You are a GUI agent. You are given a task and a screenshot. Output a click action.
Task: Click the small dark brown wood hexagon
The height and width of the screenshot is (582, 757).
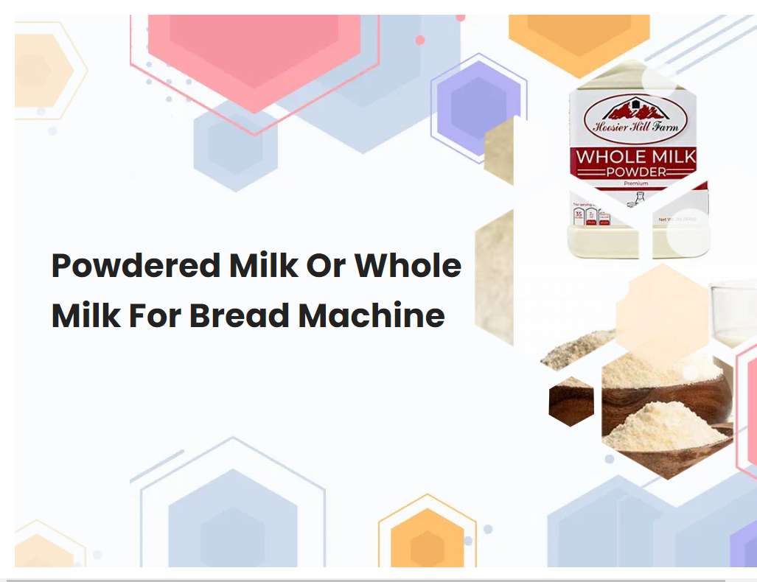pos(571,404)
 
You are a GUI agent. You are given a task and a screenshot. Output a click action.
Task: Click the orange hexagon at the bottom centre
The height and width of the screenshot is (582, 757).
pos(427,541)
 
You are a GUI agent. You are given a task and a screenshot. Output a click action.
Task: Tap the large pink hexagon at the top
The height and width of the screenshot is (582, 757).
pos(254,52)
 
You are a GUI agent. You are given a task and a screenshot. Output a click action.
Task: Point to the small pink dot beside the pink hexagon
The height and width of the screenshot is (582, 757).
pos(420,41)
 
